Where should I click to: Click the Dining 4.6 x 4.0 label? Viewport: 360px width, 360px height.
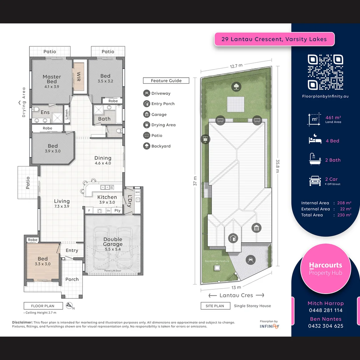pyautogui.click(x=103, y=160)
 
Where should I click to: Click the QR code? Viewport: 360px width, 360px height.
pyautogui.click(x=325, y=72)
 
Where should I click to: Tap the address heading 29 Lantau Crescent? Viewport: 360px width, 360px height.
pyautogui.click(x=274, y=39)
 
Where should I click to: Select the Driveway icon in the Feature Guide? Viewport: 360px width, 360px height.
pyautogui.click(x=146, y=93)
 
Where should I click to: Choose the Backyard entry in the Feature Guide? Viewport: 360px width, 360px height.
pyautogui.click(x=161, y=146)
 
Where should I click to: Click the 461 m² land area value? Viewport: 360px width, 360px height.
pyautogui.click(x=333, y=118)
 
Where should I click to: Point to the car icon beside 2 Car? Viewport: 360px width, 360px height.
pyautogui.click(x=315, y=181)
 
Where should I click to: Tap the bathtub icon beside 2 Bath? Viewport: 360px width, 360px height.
pyautogui.click(x=315, y=160)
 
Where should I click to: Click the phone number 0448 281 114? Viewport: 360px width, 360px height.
pyautogui.click(x=325, y=310)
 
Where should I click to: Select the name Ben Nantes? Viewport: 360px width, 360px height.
pyautogui.click(x=325, y=319)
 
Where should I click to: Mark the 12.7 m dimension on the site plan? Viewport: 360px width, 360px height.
pyautogui.click(x=236, y=66)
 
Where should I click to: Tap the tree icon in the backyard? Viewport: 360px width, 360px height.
pyautogui.click(x=236, y=87)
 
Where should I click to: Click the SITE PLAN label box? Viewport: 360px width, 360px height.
pyautogui.click(x=215, y=306)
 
